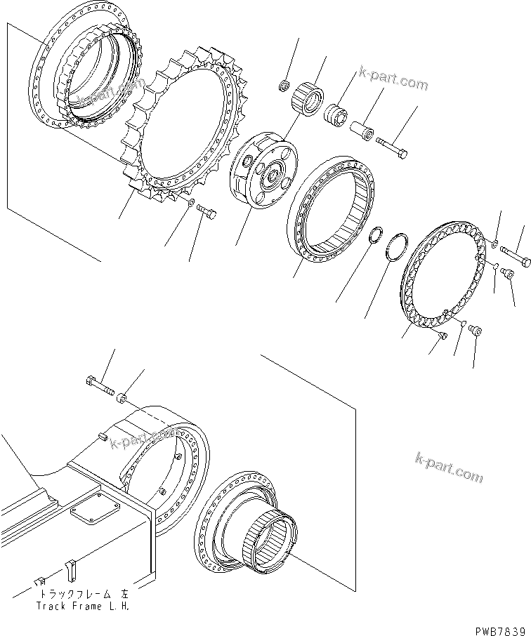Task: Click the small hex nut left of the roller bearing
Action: click(284, 86)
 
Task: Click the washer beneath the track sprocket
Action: click(190, 203)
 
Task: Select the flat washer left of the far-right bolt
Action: click(495, 244)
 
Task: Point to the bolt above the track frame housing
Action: click(98, 385)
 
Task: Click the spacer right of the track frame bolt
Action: click(122, 399)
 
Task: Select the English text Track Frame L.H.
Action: click(83, 605)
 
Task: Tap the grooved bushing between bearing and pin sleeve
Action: click(336, 113)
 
